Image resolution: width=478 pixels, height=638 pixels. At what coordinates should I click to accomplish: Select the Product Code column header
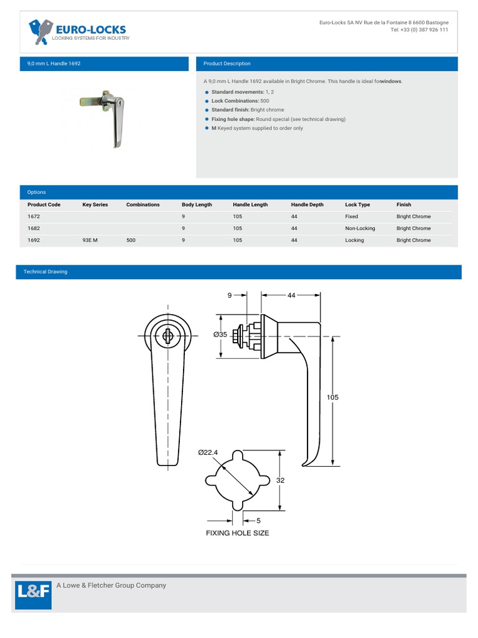pyautogui.click(x=44, y=204)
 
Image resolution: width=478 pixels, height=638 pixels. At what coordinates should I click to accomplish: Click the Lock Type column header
pyautogui.click(x=357, y=204)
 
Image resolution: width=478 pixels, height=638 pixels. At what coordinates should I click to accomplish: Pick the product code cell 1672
pyautogui.click(x=34, y=216)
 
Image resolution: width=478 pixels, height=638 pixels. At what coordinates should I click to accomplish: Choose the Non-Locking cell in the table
pyautogui.click(x=360, y=228)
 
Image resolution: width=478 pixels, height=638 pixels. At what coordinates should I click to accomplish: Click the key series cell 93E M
pyautogui.click(x=90, y=240)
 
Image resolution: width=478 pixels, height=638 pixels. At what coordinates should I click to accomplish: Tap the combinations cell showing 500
pyautogui.click(x=131, y=240)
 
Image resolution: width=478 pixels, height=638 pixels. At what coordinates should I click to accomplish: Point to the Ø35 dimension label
pyautogui.click(x=220, y=335)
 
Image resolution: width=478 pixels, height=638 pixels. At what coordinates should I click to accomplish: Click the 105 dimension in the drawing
pyautogui.click(x=332, y=397)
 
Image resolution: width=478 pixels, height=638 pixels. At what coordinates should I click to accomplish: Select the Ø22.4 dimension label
pyautogui.click(x=209, y=452)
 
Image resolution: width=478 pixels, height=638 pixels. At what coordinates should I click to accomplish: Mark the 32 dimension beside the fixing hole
pyautogui.click(x=281, y=480)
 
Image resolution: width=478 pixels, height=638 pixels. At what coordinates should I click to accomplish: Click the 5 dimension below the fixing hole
pyautogui.click(x=258, y=520)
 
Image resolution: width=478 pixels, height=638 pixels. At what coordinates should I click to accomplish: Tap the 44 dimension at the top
pyautogui.click(x=291, y=295)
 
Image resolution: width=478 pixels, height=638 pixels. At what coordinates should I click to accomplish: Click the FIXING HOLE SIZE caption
pyautogui.click(x=237, y=533)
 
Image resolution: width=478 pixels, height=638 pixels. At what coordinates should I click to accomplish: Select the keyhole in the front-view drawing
pyautogui.click(x=167, y=336)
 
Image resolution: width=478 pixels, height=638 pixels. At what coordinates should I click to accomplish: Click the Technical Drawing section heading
pyautogui.click(x=45, y=272)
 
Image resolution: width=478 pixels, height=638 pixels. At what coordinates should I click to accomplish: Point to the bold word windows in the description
pyautogui.click(x=391, y=81)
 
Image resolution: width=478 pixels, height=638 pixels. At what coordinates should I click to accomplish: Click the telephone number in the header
pyautogui.click(x=419, y=29)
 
